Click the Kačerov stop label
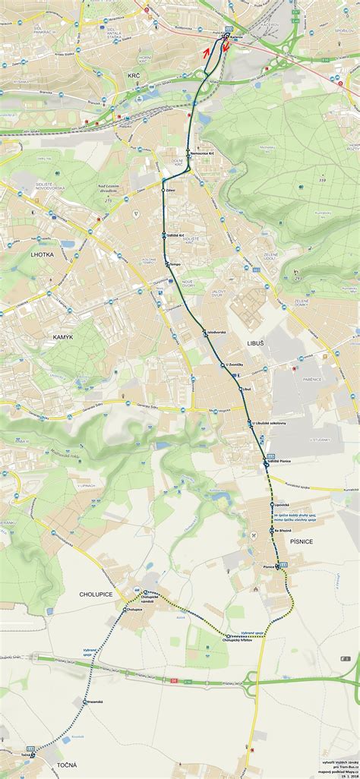click(x=235, y=37)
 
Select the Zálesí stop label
click(x=171, y=189)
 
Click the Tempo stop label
click(x=175, y=264)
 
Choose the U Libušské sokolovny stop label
click(x=270, y=423)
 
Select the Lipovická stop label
click(x=283, y=504)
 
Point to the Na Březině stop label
click(x=283, y=529)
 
